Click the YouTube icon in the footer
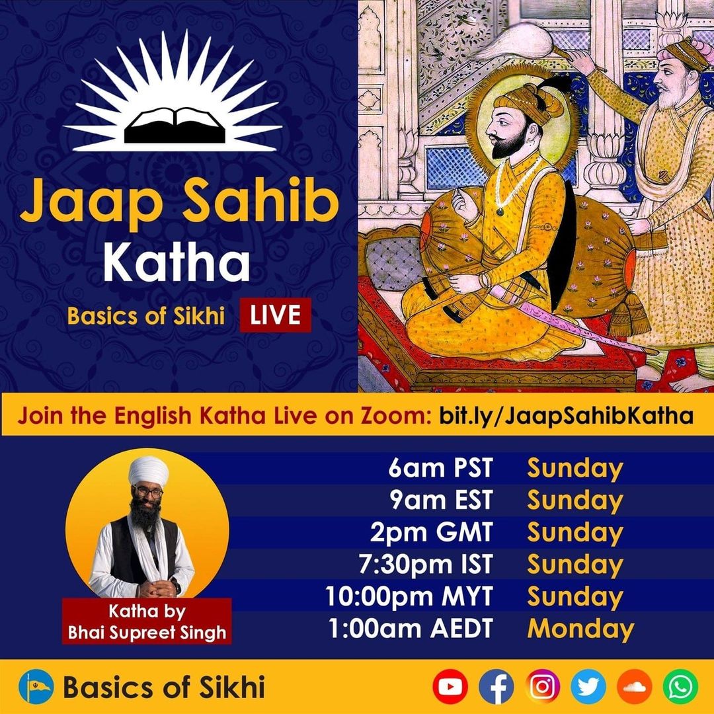tap(450, 686)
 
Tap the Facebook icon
tap(496, 686)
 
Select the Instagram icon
tap(543, 686)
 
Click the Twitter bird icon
tap(588, 686)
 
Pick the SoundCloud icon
tap(634, 686)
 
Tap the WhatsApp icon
tap(680, 686)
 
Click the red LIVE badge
tap(276, 315)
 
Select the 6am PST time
tap(441, 468)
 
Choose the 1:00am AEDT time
tap(411, 629)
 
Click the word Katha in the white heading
tap(177, 262)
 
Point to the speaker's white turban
tap(148, 470)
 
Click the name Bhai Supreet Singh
tap(147, 633)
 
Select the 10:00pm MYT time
tap(409, 596)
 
